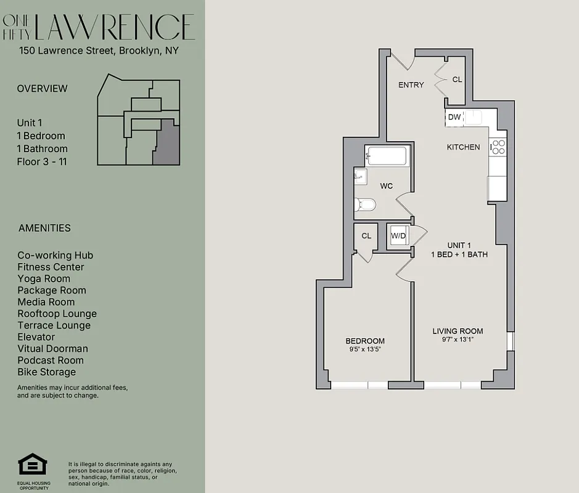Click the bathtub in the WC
pyautogui.click(x=386, y=156)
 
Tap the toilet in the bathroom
pyautogui.click(x=364, y=204)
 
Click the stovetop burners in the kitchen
pyautogui.click(x=498, y=147)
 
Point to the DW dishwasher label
pyautogui.click(x=454, y=117)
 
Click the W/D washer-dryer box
pyautogui.click(x=398, y=235)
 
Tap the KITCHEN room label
pyautogui.click(x=463, y=147)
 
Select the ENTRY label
pyautogui.click(x=411, y=85)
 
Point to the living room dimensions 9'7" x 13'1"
pyautogui.click(x=457, y=340)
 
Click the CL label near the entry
pyautogui.click(x=457, y=79)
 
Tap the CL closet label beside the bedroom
pyautogui.click(x=366, y=235)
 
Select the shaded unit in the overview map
pyautogui.click(x=167, y=143)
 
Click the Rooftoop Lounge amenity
pyautogui.click(x=57, y=314)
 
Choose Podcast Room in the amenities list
pyautogui.click(x=51, y=361)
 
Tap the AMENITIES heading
pyautogui.click(x=44, y=228)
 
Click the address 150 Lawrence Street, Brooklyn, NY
pyautogui.click(x=98, y=51)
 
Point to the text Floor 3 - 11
pyautogui.click(x=42, y=162)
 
